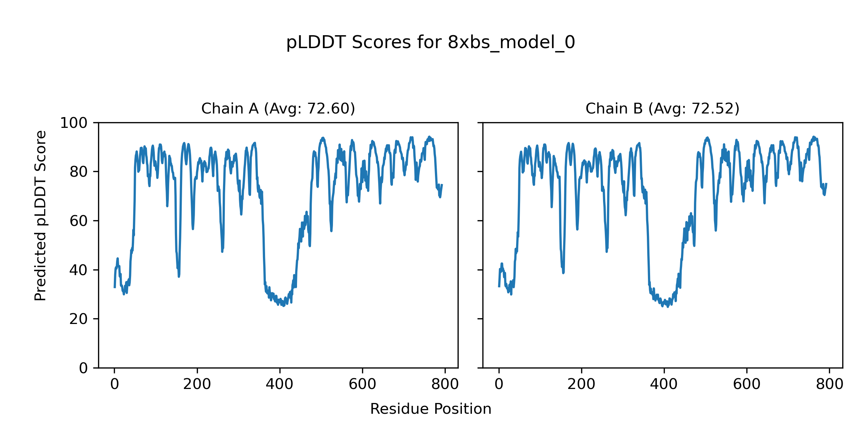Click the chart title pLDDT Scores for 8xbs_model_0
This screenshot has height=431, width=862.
(x=431, y=43)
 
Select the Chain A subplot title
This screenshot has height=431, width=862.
(x=278, y=108)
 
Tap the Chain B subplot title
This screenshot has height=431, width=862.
(x=662, y=108)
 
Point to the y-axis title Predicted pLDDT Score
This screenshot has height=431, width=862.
(x=41, y=216)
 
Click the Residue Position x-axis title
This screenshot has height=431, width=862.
(x=431, y=409)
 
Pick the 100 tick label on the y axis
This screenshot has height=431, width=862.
(x=74, y=123)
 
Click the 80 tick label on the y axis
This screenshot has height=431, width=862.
(x=79, y=172)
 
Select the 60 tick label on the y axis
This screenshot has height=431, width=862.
(x=79, y=221)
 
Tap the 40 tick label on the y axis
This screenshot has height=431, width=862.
(x=79, y=270)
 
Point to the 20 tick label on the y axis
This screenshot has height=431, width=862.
(x=79, y=319)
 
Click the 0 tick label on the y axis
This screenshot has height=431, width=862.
(x=83, y=368)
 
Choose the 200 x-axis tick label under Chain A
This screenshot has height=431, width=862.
(x=197, y=385)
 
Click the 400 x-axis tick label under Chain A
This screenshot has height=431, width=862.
(x=279, y=385)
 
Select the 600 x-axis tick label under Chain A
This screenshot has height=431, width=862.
(x=362, y=385)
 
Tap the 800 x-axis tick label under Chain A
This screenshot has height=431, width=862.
(x=445, y=385)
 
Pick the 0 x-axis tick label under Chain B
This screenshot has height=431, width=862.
(x=499, y=385)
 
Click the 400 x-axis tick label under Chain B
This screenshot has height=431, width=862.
(x=664, y=385)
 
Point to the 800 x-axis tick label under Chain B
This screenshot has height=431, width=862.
(x=829, y=385)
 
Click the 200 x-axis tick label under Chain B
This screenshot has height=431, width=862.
(x=581, y=385)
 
